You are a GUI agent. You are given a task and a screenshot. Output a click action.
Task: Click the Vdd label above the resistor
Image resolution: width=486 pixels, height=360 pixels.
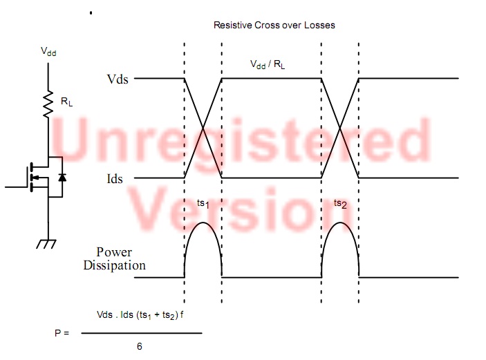click(48, 51)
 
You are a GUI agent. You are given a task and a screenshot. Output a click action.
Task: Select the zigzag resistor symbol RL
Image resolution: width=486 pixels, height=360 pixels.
click(48, 104)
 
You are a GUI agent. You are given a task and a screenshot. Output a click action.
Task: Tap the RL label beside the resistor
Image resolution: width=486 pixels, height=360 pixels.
click(66, 102)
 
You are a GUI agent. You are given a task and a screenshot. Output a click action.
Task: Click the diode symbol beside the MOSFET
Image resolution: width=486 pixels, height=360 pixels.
click(62, 177)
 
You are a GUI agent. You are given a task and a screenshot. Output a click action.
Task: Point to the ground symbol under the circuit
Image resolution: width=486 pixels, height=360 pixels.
click(46, 244)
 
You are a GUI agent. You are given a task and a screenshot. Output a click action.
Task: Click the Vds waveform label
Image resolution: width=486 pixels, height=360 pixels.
click(118, 79)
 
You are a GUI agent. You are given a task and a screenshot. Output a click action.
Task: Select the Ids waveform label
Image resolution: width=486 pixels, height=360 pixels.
click(115, 179)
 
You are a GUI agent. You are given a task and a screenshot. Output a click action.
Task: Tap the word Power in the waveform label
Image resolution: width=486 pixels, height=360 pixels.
click(114, 252)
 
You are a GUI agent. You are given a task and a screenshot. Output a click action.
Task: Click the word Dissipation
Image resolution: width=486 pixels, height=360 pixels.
click(114, 265)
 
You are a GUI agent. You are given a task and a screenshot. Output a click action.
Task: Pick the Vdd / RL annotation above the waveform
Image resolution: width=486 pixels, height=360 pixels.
click(268, 64)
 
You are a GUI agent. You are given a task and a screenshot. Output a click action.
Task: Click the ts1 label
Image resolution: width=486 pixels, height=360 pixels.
click(203, 204)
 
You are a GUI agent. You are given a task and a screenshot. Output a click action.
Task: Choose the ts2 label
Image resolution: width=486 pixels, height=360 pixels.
click(340, 204)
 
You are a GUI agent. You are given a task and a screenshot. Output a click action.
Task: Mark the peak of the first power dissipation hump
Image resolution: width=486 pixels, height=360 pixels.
click(203, 222)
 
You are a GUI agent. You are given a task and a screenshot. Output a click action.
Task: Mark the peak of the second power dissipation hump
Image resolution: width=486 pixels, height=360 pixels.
click(340, 222)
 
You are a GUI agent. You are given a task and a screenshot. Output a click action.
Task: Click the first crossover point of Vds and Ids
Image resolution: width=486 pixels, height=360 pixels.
click(203, 128)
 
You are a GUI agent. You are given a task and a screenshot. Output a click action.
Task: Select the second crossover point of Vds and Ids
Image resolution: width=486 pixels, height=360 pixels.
click(340, 128)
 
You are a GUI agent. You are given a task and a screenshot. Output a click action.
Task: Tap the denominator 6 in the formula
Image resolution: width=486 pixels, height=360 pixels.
click(140, 346)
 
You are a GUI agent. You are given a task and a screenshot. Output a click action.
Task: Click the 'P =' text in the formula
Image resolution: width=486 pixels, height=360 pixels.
click(62, 333)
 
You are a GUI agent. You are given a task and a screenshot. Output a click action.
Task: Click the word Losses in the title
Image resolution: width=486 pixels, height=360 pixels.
click(319, 25)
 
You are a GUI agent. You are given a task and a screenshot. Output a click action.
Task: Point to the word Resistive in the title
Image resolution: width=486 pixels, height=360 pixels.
click(233, 25)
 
